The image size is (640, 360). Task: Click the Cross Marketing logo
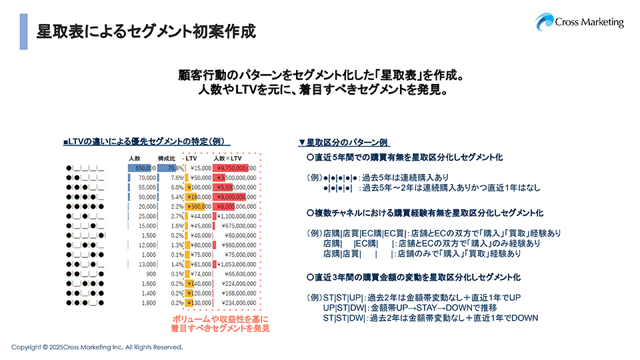[x=579, y=21]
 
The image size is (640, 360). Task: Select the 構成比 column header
[x=166, y=157]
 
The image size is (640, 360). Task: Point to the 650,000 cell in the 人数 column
[x=142, y=168]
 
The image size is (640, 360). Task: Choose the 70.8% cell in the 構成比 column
[x=175, y=168]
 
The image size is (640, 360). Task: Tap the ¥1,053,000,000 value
[x=238, y=265]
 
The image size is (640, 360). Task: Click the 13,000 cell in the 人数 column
[x=147, y=265]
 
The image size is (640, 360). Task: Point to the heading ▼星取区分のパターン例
[x=344, y=143]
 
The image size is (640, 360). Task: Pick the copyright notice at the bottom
[x=97, y=347]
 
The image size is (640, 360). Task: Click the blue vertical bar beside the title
[x=24, y=31]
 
